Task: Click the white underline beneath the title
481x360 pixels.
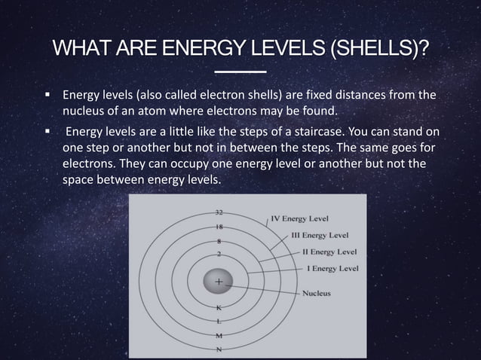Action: tap(240, 72)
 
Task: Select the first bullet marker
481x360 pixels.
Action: tap(47, 96)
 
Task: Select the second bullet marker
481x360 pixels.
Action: tap(47, 133)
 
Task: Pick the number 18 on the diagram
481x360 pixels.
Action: tap(219, 227)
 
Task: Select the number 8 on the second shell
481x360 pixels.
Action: tap(219, 240)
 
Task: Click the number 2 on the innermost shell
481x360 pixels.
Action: tap(219, 255)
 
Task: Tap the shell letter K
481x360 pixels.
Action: tap(219, 307)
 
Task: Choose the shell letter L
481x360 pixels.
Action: tap(219, 321)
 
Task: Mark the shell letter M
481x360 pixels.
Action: tap(219, 334)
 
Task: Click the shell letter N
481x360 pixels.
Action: tap(219, 348)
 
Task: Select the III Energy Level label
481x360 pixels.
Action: tap(319, 235)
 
